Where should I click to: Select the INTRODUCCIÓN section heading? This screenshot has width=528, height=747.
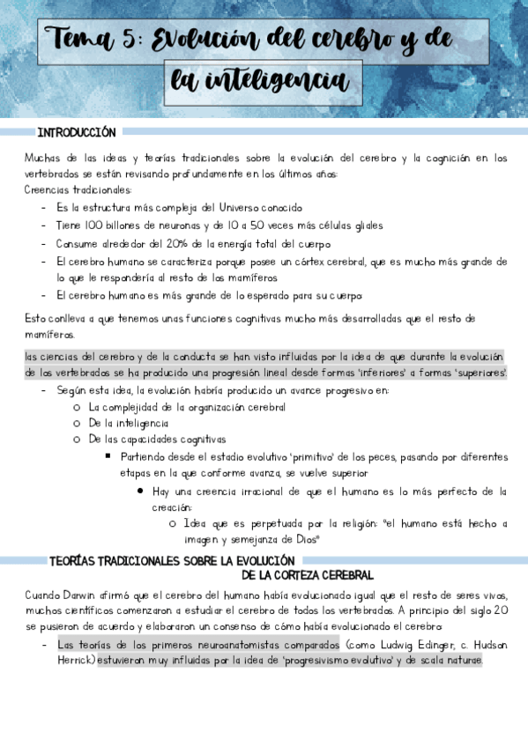pos(77,132)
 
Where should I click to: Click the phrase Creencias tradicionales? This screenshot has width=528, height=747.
pos(78,190)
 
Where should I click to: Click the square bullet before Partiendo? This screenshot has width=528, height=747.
pos(107,456)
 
